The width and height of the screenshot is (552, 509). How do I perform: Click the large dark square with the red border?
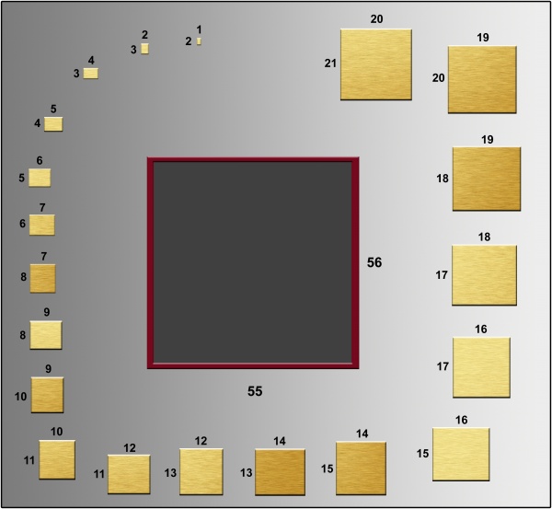click(253, 262)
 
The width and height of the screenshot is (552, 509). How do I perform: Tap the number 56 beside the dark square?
click(374, 262)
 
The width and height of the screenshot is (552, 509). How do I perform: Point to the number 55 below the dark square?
click(255, 391)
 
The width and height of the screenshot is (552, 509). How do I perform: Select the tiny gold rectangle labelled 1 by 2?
click(199, 41)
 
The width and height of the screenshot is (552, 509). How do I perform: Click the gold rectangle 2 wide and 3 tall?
click(144, 49)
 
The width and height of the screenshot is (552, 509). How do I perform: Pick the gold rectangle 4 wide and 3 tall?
click(91, 74)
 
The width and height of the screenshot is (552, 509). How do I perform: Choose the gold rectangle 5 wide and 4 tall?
click(53, 124)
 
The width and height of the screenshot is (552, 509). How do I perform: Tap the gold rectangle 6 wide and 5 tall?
click(40, 178)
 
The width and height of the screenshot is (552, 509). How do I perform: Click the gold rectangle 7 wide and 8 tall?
click(42, 278)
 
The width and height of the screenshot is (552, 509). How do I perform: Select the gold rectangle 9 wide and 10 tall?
click(48, 395)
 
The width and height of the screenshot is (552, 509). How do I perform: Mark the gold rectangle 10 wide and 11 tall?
click(57, 459)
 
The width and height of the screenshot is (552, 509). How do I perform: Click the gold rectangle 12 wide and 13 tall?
click(201, 471)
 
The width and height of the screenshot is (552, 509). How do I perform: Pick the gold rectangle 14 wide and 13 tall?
click(281, 472)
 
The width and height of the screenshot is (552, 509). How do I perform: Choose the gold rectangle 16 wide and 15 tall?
click(461, 455)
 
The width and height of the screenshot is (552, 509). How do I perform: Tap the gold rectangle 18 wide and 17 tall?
click(485, 275)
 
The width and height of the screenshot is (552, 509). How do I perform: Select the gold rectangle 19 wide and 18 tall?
click(487, 179)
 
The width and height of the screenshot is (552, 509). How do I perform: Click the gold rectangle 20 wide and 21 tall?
click(376, 64)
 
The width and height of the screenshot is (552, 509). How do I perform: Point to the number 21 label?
click(330, 64)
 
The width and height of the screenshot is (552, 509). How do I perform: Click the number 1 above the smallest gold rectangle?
click(200, 29)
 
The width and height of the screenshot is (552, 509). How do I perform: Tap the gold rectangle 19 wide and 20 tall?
click(482, 79)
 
